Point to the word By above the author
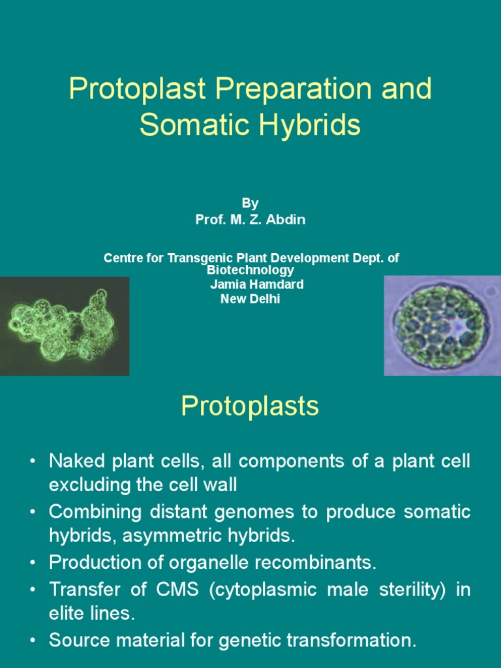(250, 204)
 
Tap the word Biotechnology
(250, 270)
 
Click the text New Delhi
(250, 299)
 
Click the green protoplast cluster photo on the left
(64, 326)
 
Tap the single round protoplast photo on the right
(442, 326)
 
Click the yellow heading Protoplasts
(250, 406)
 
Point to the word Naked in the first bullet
(77, 461)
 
